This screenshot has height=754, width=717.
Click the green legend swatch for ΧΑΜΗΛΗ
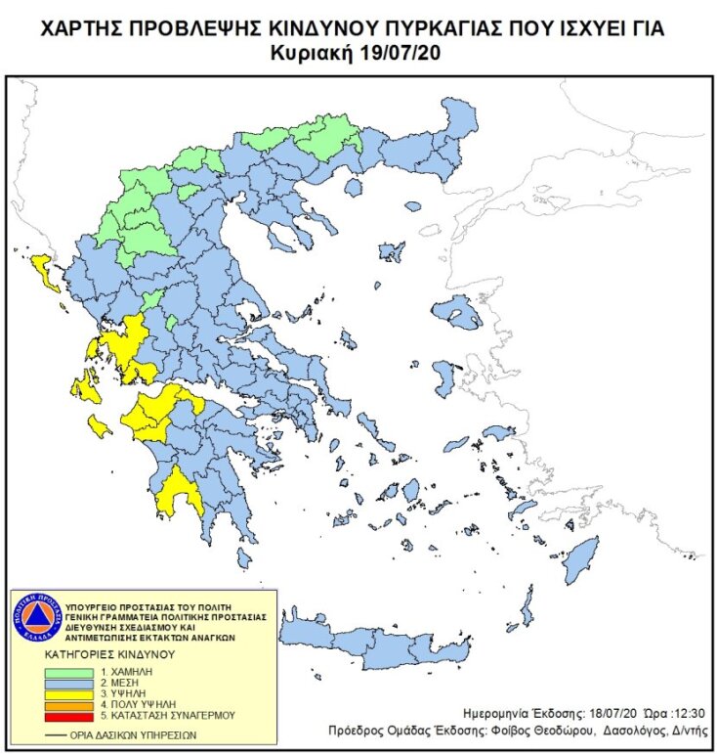(x=68, y=673)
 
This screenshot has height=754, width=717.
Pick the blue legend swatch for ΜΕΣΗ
(x=68, y=684)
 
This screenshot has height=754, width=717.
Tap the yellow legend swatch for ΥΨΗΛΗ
(x=68, y=694)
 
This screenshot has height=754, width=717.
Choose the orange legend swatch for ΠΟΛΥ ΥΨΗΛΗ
(x=68, y=705)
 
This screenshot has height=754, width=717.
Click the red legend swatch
(x=68, y=716)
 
